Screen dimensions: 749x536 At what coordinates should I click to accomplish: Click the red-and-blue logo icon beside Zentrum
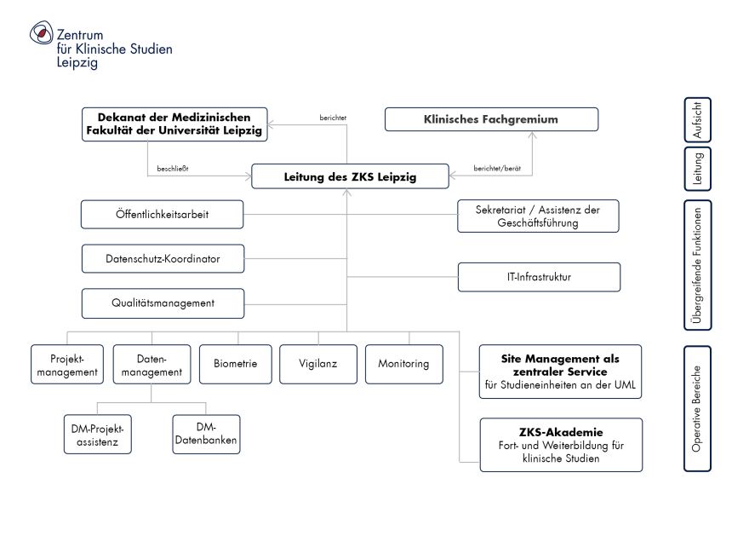click(x=41, y=32)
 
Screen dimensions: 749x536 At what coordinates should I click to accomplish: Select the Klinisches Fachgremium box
click(x=492, y=119)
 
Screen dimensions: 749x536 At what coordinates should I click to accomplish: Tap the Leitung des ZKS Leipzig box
click(x=350, y=176)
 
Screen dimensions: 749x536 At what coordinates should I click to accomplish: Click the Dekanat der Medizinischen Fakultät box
click(x=174, y=124)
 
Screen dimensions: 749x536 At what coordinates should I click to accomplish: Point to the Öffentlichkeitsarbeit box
click(x=163, y=214)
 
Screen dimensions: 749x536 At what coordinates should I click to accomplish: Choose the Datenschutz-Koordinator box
click(x=163, y=259)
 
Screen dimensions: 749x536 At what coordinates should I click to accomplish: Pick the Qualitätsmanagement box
click(x=163, y=303)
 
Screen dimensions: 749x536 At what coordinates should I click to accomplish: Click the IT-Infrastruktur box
click(x=540, y=277)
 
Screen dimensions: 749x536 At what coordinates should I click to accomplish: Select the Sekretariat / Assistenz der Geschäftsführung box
click(x=538, y=216)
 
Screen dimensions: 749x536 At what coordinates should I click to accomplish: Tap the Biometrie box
click(x=236, y=364)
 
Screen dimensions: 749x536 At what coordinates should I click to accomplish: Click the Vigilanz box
click(x=318, y=364)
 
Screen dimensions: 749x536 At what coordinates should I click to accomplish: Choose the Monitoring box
click(x=404, y=364)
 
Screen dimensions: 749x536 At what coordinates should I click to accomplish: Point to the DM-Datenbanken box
click(x=206, y=434)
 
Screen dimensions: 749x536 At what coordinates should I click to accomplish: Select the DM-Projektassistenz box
click(x=97, y=434)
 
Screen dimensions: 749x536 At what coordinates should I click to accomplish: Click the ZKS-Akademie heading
click(x=561, y=432)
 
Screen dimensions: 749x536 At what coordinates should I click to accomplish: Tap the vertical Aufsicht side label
click(x=697, y=119)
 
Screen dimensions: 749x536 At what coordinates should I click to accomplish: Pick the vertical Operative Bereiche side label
click(x=697, y=409)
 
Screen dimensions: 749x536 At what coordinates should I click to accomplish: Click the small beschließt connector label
click(x=173, y=169)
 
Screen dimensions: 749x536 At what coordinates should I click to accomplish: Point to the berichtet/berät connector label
click(x=497, y=169)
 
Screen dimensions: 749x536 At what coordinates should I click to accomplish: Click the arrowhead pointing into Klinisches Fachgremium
click(x=532, y=135)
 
